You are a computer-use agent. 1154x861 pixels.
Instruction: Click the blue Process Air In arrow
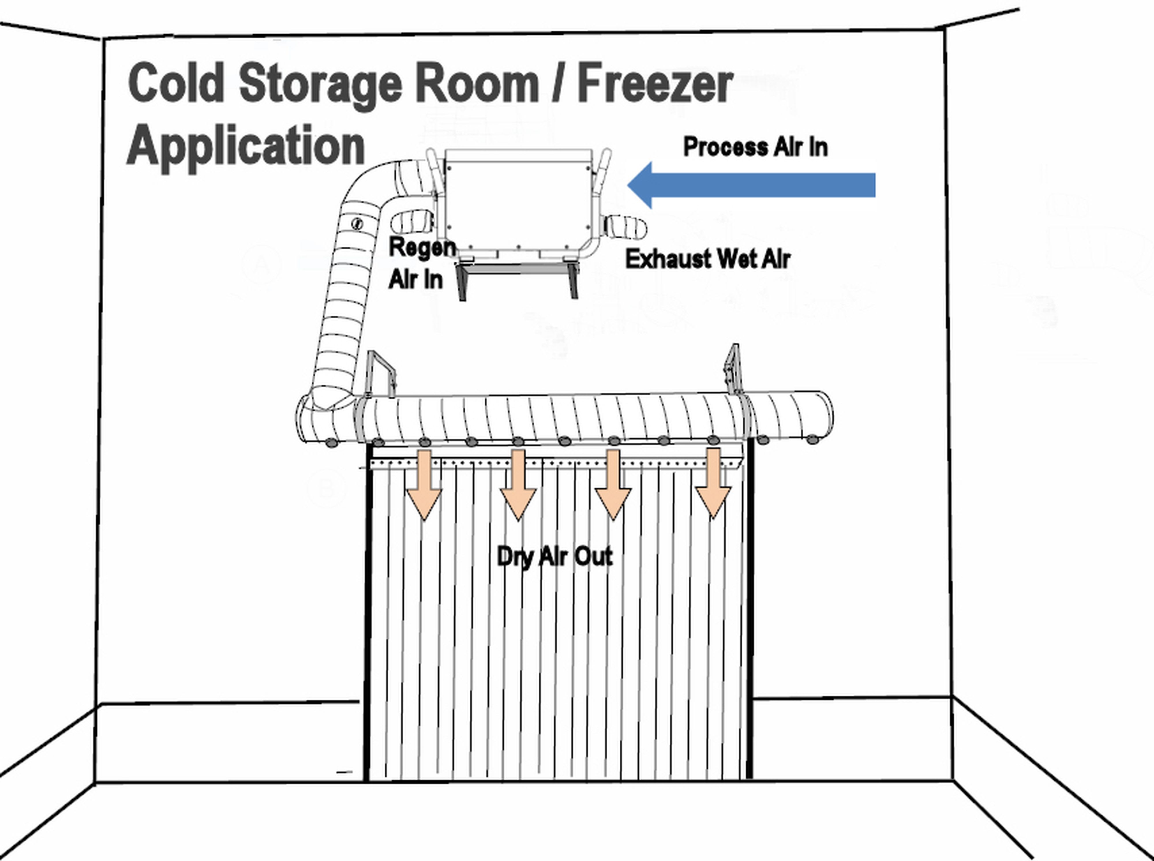pos(756,185)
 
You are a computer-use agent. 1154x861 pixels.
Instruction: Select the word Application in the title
pos(245,146)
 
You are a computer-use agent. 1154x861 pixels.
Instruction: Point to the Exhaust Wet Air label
pos(707,259)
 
